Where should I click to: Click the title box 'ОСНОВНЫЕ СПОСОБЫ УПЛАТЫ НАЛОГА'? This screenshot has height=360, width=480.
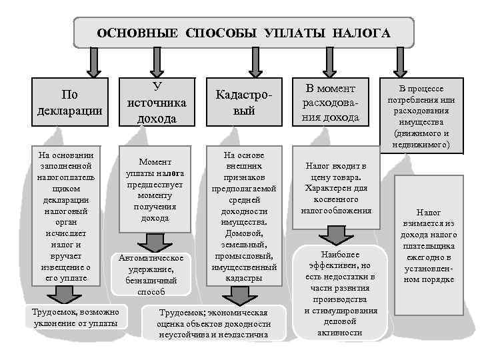[x=243, y=32]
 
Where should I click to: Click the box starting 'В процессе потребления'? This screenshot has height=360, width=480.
[x=421, y=116]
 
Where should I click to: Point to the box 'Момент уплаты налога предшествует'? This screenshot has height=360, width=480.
[x=155, y=189]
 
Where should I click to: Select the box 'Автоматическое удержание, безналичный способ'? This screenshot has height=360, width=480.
[x=155, y=273]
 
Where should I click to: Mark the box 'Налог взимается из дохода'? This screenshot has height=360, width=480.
[x=429, y=245]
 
